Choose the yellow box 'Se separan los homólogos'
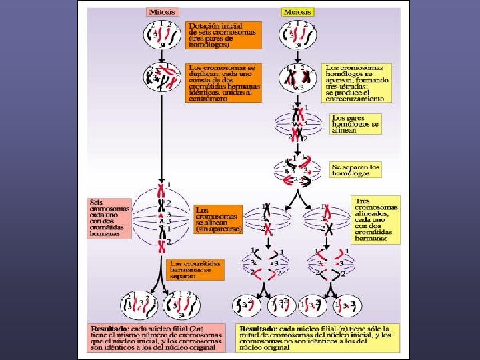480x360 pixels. [355, 170]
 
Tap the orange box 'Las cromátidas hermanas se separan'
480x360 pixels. [194, 269]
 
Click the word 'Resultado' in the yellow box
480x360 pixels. [258, 328]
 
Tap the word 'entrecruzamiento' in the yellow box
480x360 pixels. [355, 98]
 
